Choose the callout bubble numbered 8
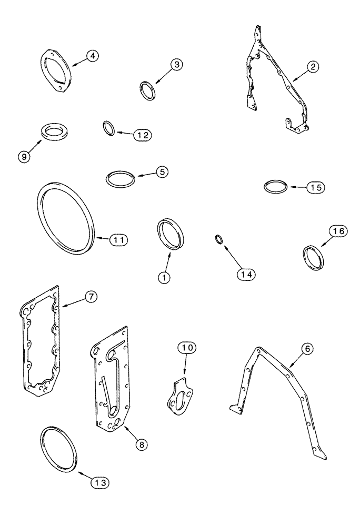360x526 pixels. [141, 444]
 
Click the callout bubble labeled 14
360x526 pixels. [246, 274]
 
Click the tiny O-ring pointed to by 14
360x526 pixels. [218, 240]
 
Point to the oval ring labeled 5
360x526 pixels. [120, 178]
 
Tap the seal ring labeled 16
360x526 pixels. [314, 257]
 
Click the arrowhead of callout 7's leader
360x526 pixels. [62, 306]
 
